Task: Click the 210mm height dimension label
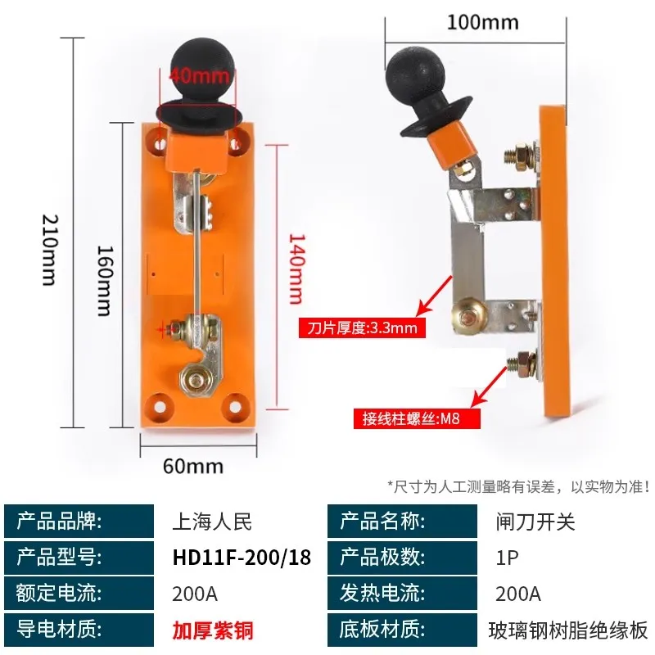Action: click(x=50, y=250)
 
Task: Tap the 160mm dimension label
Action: click(x=105, y=281)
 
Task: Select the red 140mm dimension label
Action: click(x=297, y=269)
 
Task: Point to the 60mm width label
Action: click(x=193, y=466)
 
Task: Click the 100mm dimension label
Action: click(x=483, y=22)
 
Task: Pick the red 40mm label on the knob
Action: click(x=199, y=75)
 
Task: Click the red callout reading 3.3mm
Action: click(x=362, y=327)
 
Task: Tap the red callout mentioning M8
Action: click(x=417, y=418)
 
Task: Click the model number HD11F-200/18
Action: click(x=242, y=558)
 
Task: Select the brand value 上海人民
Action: click(x=212, y=522)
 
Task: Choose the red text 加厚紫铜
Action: click(x=213, y=630)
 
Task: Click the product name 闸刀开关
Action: click(x=535, y=522)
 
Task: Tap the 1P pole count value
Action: click(x=507, y=558)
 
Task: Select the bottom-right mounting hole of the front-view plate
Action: click(x=235, y=406)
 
